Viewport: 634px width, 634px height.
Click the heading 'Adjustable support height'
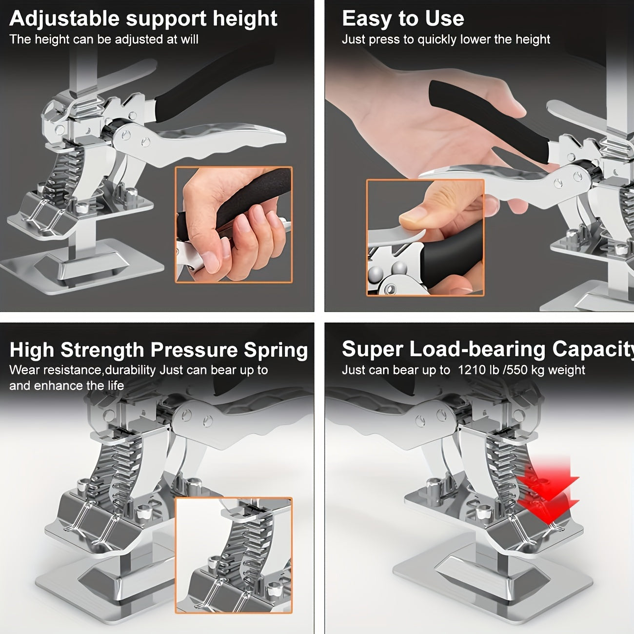pyautogui.click(x=143, y=19)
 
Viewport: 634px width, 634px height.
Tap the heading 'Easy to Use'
pyautogui.click(x=403, y=19)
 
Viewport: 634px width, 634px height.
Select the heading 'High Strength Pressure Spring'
pyautogui.click(x=158, y=350)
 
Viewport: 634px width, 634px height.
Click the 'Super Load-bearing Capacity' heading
pyautogui.click(x=488, y=349)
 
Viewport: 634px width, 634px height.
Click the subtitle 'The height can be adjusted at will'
pyautogui.click(x=104, y=40)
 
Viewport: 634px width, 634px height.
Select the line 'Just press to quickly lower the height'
pyautogui.click(x=446, y=40)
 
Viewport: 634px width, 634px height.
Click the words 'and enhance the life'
pyautogui.click(x=66, y=386)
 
